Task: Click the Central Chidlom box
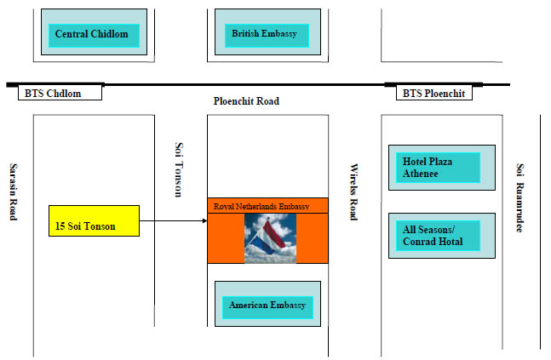pyautogui.click(x=92, y=35)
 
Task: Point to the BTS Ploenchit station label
pyautogui.click(x=433, y=93)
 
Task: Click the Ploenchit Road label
pyautogui.click(x=246, y=101)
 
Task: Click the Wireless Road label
pyautogui.click(x=354, y=192)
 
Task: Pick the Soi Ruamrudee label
pyautogui.click(x=520, y=197)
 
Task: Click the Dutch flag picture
pyautogui.click(x=270, y=237)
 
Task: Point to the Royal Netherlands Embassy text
pyautogui.click(x=261, y=206)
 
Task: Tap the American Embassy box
pyautogui.click(x=267, y=305)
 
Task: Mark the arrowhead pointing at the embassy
pyautogui.click(x=205, y=221)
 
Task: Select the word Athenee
pyautogui.click(x=422, y=175)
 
